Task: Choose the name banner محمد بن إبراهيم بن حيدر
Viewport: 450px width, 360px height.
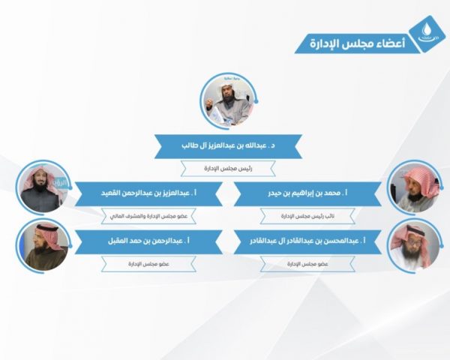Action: coord(307,193)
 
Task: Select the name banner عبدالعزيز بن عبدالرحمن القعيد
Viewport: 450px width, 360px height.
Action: coord(145,193)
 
